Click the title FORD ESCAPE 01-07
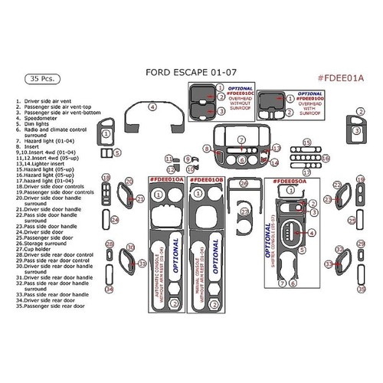(x=191, y=74)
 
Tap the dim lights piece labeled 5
(x=106, y=154)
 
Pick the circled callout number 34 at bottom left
(x=110, y=290)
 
